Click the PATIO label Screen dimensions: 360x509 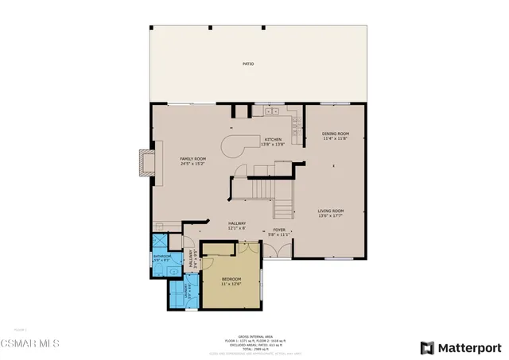click(249, 64)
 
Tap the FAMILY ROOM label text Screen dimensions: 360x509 click(192, 158)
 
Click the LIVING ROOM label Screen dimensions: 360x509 click(333, 211)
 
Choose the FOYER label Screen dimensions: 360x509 click(278, 231)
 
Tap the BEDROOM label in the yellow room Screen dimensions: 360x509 click(232, 280)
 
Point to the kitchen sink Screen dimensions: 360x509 click(295, 123)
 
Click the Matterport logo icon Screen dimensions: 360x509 click(428, 347)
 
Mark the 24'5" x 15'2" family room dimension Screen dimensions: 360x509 click(192, 164)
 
